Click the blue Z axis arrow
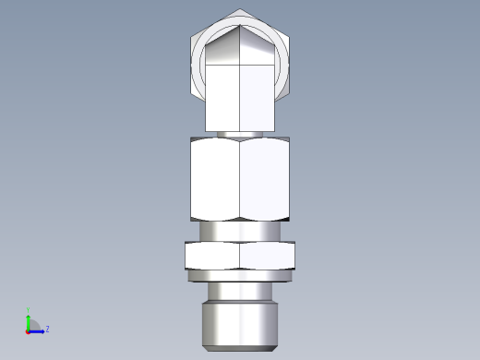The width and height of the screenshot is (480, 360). pyautogui.click(x=38, y=329)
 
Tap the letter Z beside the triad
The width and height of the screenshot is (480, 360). pyautogui.click(x=47, y=329)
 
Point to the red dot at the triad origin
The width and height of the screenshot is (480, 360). pyautogui.click(x=28, y=330)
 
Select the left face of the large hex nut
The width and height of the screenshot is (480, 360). pyautogui.click(x=215, y=179)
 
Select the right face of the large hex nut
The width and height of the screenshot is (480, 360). pyautogui.click(x=265, y=179)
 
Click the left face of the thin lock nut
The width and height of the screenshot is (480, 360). pyautogui.click(x=213, y=255)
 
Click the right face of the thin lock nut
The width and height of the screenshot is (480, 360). pyautogui.click(x=267, y=255)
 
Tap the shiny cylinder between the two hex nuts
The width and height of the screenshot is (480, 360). pyautogui.click(x=240, y=231)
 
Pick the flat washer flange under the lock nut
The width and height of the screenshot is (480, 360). pyautogui.click(x=240, y=275)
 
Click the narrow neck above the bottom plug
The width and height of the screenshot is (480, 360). pyautogui.click(x=240, y=291)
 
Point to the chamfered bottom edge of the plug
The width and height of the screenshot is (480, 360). pyautogui.click(x=240, y=348)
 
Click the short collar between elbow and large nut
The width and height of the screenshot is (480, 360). pyautogui.click(x=240, y=133)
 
